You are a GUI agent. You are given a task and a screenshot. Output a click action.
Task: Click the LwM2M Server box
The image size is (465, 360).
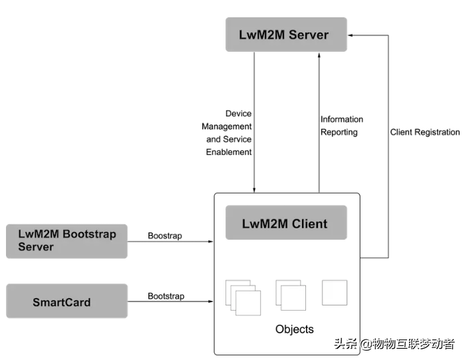(x=285, y=35)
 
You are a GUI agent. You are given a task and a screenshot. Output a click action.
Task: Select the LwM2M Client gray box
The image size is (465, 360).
(x=286, y=223)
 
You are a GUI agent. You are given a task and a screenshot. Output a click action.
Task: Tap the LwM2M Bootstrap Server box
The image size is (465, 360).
(x=67, y=241)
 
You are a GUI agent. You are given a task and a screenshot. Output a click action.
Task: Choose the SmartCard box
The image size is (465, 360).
(x=67, y=301)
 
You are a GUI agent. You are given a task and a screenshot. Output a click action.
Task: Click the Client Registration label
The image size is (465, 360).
(x=424, y=132)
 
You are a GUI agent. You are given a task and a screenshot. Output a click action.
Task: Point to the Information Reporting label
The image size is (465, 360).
(x=342, y=126)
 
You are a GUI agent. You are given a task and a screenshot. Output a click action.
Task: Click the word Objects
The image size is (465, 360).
(x=294, y=329)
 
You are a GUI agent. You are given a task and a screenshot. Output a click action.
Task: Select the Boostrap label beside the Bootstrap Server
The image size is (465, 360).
(x=165, y=236)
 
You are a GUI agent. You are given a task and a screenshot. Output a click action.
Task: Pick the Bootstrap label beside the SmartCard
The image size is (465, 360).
(x=166, y=295)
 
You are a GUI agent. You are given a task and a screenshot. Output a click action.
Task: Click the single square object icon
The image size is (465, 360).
(x=334, y=292)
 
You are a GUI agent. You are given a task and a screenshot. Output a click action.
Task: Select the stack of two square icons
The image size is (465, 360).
(x=291, y=295)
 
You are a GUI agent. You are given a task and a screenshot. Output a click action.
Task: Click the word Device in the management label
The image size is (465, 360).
(x=238, y=114)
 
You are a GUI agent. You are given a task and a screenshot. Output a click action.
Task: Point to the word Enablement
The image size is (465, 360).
(x=229, y=152)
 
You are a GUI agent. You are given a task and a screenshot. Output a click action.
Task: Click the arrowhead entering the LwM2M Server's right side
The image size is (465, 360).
(x=350, y=35)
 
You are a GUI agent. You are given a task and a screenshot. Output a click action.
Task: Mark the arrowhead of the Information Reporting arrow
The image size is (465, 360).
(x=319, y=55)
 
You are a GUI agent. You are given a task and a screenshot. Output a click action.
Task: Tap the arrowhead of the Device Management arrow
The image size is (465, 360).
(x=254, y=190)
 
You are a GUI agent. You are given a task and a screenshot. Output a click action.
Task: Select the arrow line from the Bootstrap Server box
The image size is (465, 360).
(x=170, y=242)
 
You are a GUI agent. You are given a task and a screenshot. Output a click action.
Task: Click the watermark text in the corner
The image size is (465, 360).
(x=394, y=344)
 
